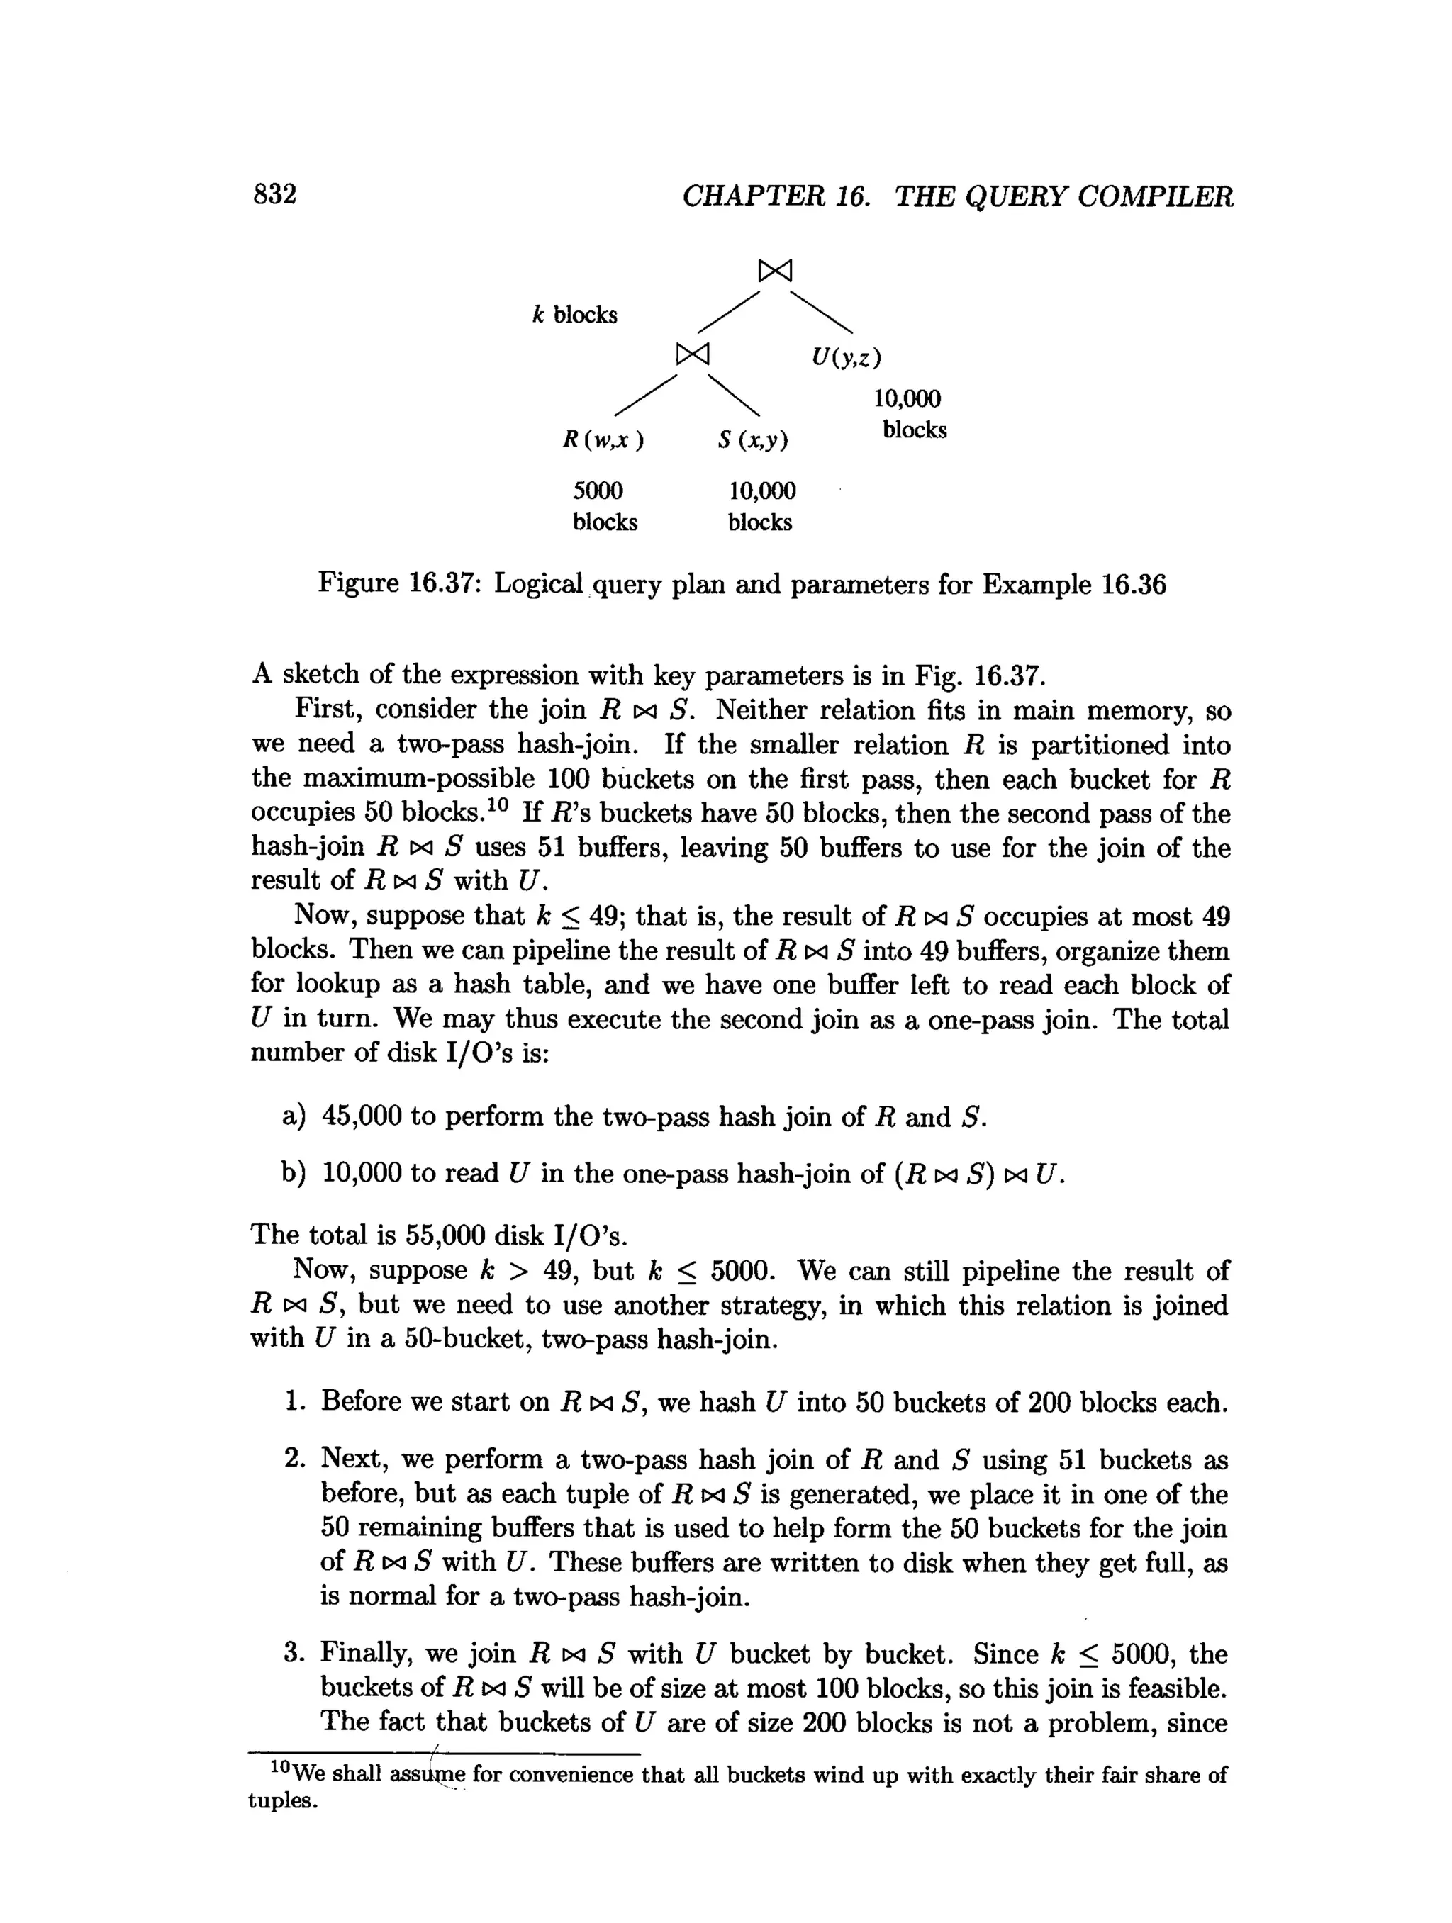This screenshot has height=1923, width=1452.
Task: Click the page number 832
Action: pos(275,194)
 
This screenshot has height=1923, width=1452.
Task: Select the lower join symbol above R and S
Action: pos(693,353)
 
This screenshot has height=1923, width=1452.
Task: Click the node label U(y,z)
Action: pos(846,357)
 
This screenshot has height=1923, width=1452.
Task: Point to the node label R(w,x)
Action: pos(603,440)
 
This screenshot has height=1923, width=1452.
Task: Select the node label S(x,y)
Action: pos(753,441)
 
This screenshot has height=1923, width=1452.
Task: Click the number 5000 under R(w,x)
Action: pos(598,491)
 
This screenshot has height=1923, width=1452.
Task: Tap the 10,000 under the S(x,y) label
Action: pos(761,491)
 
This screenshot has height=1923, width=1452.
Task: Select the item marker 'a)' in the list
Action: pos(294,1116)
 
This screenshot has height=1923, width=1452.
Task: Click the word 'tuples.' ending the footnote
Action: pos(283,1800)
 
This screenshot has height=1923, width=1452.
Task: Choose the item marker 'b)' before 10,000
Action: pos(294,1174)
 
